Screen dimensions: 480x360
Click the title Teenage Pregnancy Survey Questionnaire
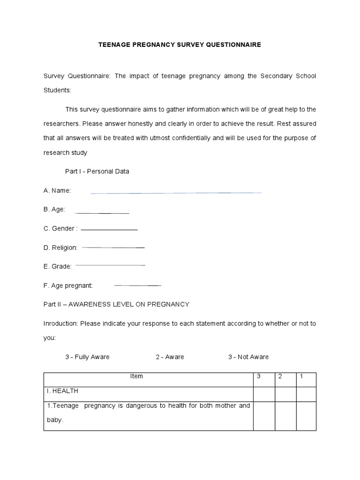pos(180,45)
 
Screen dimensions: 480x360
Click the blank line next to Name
pos(176,192)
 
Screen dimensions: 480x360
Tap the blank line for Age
pos(102,213)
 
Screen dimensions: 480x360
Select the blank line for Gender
pos(109,230)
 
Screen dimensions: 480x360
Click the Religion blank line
pos(113,247)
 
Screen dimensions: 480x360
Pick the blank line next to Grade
pos(110,265)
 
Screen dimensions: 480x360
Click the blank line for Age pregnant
pos(137,285)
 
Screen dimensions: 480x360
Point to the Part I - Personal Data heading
pos(97,172)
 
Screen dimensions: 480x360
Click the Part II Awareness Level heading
pos(116,304)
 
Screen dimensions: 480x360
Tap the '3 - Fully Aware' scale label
pos(87,357)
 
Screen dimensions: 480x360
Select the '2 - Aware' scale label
pos(170,357)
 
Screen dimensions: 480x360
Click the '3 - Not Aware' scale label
pos(248,357)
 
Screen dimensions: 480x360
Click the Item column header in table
pos(136,376)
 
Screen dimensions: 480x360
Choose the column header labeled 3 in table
pos(259,376)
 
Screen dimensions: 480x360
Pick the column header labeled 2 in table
pos(280,376)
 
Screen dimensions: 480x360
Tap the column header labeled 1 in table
pos(301,376)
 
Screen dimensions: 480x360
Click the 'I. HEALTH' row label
pos(62,390)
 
